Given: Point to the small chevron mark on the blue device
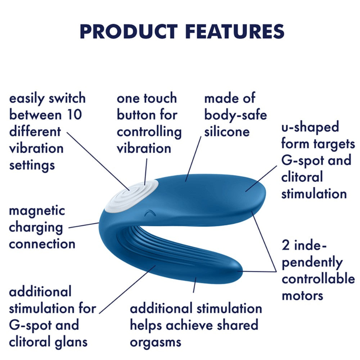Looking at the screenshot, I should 148,213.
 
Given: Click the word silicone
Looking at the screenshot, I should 227,131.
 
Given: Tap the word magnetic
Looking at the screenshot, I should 37,211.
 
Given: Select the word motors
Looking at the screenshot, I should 302,296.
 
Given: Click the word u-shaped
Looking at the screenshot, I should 310,127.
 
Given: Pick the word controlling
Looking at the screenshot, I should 149,132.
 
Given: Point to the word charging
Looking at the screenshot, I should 36,228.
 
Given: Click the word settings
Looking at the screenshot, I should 32,165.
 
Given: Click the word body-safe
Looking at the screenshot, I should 235,115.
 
